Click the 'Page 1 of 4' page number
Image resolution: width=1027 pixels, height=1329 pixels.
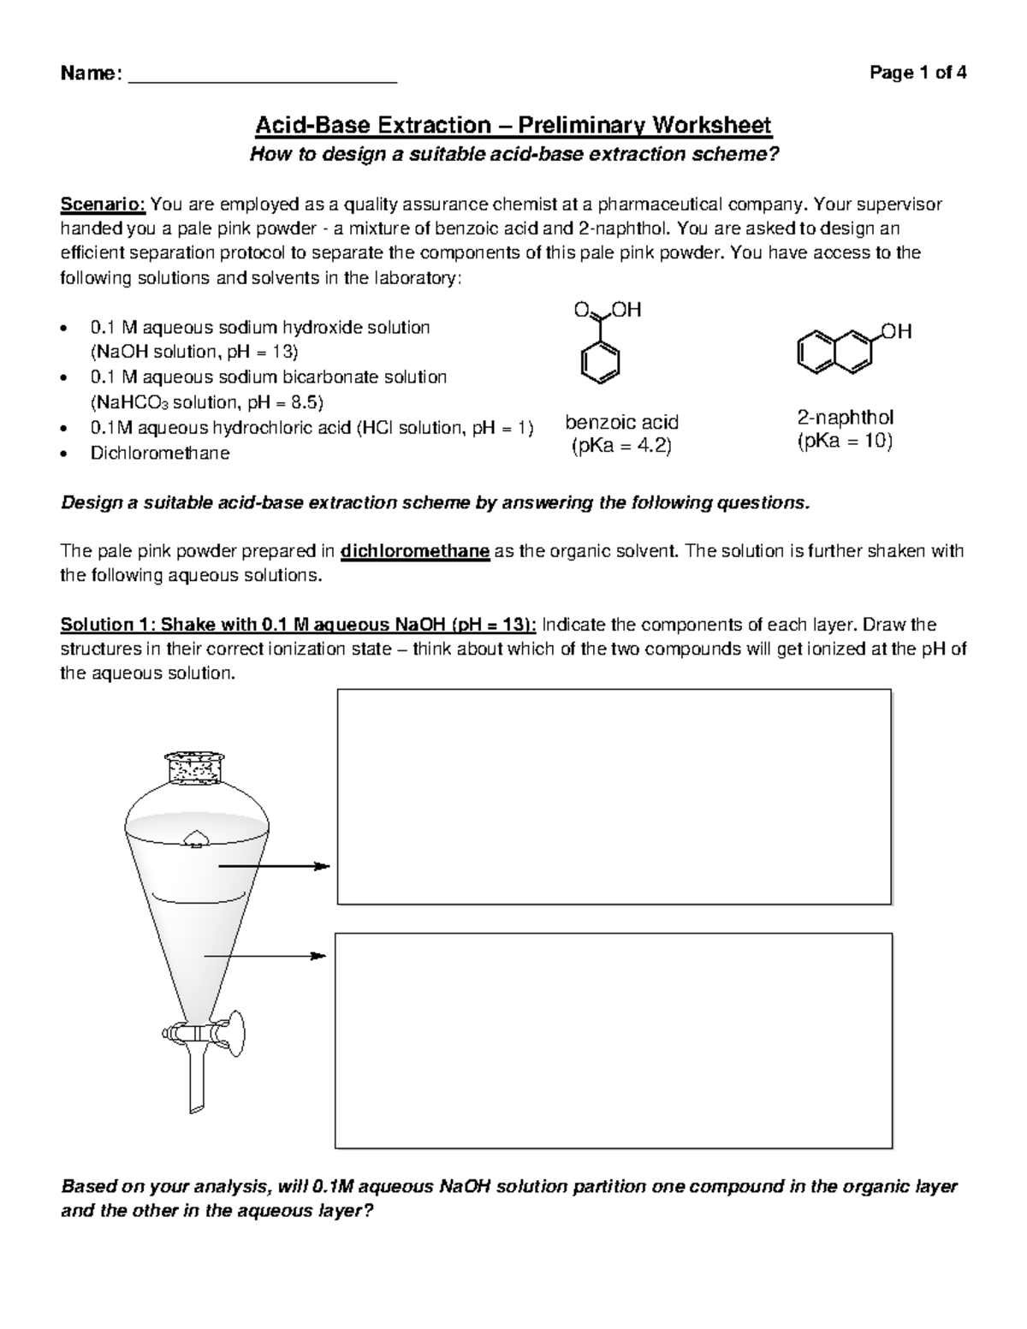point(917,73)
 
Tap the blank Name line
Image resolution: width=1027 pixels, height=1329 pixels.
point(262,77)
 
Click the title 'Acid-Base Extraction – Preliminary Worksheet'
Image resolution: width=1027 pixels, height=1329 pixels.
point(513,126)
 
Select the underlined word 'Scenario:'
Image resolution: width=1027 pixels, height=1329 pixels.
point(104,205)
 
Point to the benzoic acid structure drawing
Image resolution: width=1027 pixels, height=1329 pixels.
point(603,347)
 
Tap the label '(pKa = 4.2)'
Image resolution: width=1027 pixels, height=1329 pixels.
point(621,446)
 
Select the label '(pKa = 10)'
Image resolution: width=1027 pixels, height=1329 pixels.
point(845,442)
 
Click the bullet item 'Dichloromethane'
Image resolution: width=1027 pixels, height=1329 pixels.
point(160,453)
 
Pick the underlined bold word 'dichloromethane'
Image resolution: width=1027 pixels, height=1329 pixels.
point(415,551)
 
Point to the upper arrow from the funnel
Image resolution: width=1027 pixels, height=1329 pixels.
point(274,867)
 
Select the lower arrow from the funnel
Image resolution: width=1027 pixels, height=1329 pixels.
point(265,955)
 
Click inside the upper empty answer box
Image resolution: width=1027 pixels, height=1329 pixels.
point(614,796)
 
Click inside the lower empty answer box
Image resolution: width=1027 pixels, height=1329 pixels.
point(613,1040)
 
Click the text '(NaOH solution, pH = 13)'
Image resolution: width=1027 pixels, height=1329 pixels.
point(194,352)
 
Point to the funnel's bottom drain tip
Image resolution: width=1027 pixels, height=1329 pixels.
point(196,1109)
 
